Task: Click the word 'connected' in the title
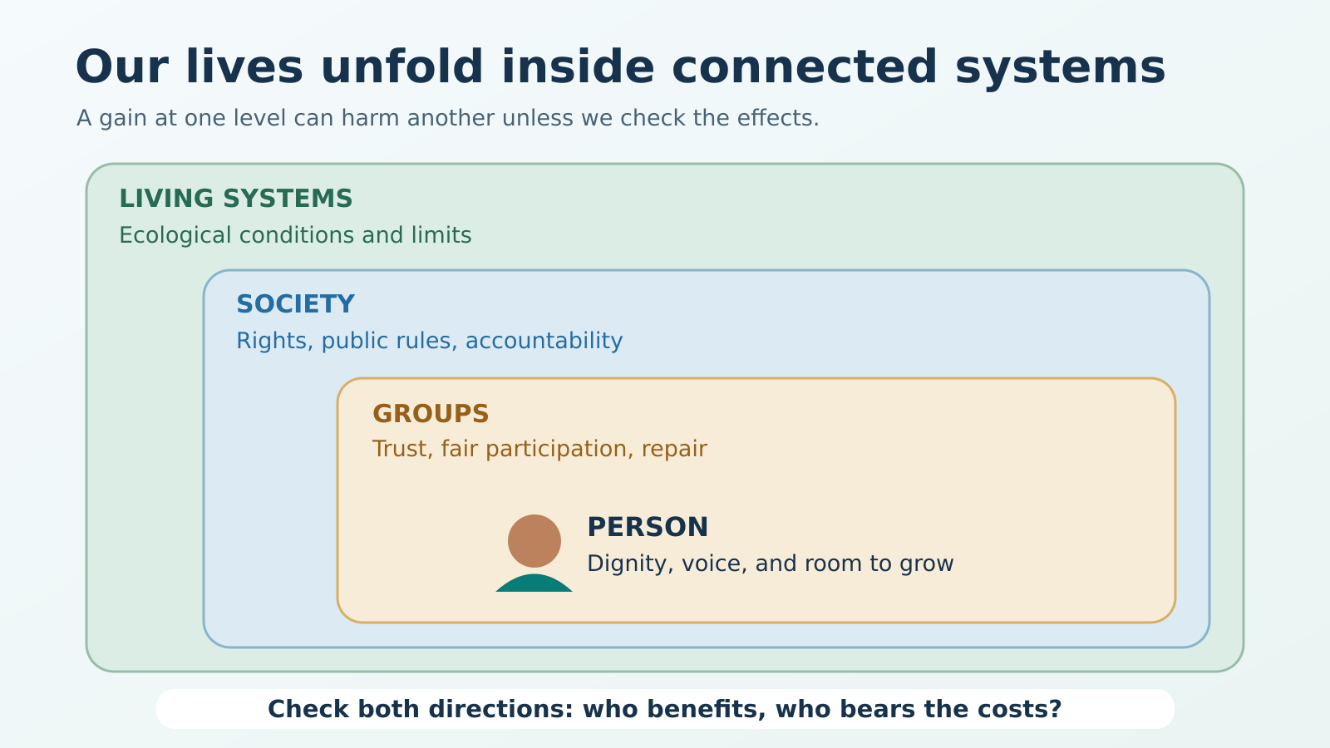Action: point(805,67)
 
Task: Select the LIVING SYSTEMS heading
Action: point(236,199)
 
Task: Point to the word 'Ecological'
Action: point(175,236)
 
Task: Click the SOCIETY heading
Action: point(295,304)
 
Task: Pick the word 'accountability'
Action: point(544,342)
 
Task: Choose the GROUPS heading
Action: point(431,414)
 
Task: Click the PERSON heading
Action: point(648,527)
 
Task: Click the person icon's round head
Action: point(534,541)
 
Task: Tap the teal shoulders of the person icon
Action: point(534,583)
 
